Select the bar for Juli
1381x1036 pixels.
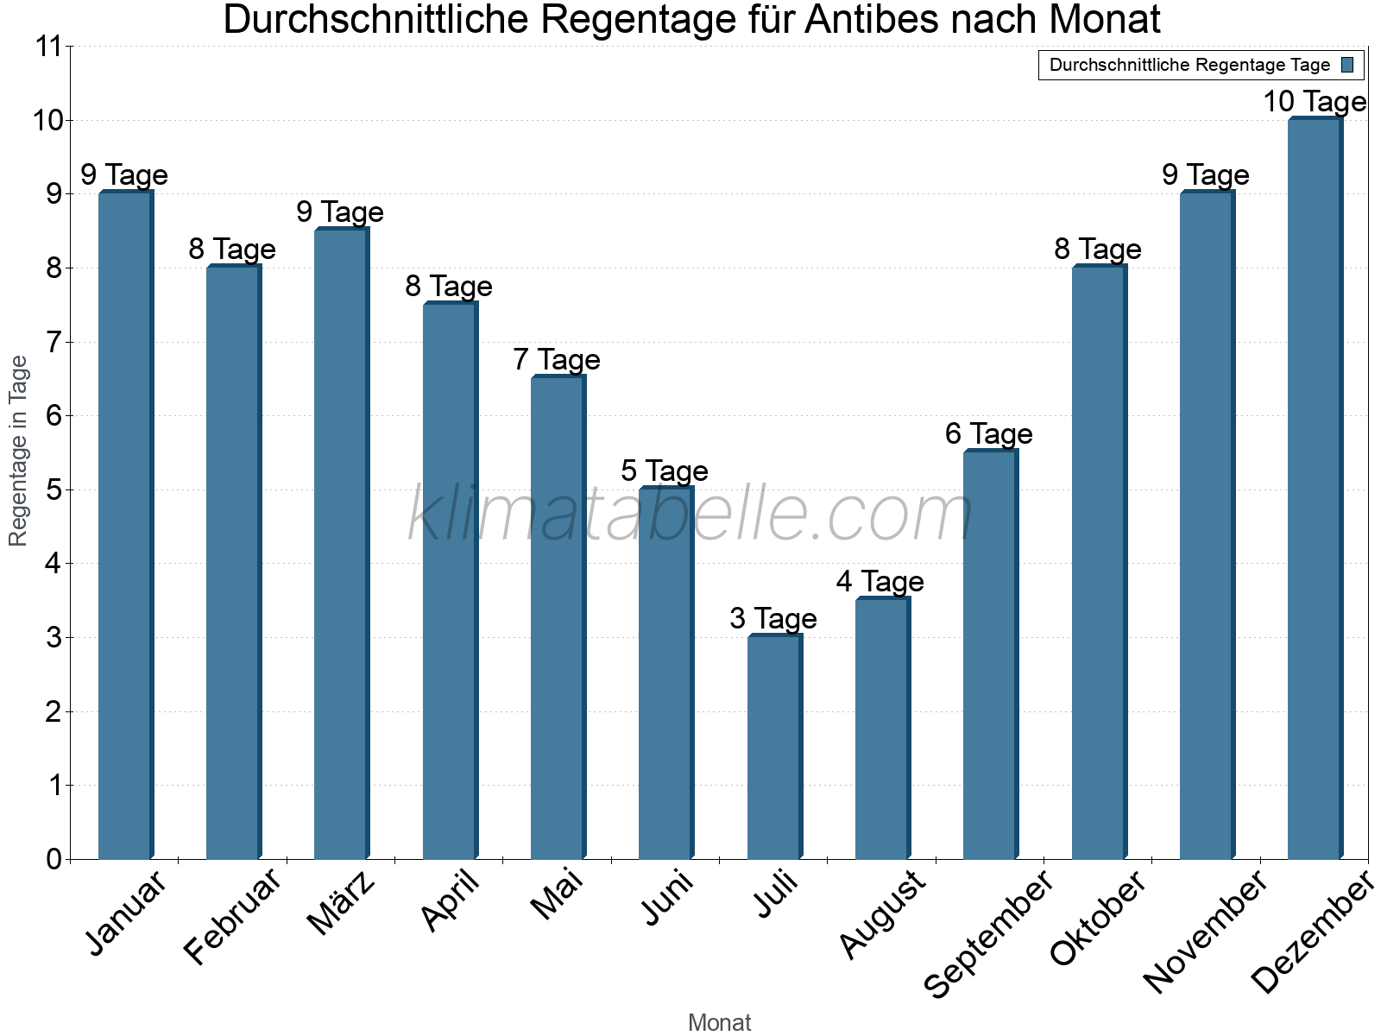774,747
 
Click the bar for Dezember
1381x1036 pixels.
1315,489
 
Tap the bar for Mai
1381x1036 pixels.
558,617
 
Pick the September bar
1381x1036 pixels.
990,654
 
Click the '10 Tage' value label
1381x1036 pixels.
1315,102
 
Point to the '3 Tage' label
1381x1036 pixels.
773,618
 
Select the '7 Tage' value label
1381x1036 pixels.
557,359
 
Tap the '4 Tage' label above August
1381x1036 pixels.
880,581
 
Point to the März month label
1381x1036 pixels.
342,903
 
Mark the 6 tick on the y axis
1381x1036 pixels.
54,416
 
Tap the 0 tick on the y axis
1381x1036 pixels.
54,859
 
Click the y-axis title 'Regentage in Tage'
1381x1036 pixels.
19,451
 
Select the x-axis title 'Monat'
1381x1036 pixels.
719,1022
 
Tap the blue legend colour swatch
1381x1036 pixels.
1347,65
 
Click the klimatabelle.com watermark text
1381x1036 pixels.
690,515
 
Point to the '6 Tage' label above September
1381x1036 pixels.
989,433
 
